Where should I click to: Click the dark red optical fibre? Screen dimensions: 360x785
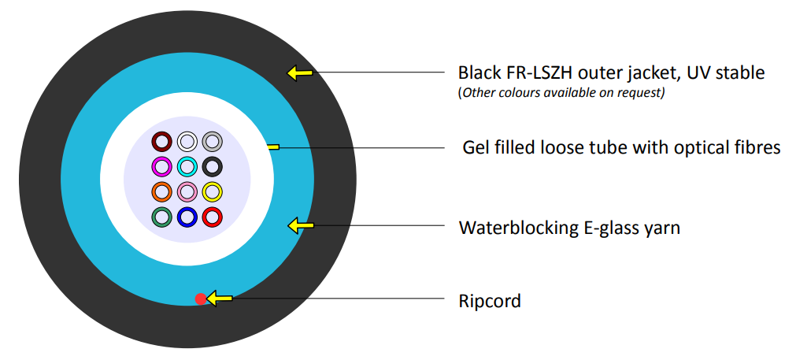tap(161, 141)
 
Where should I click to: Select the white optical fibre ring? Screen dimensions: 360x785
tap(187, 141)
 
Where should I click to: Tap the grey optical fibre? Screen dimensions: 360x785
tap(213, 141)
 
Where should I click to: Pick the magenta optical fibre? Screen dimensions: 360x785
tap(161, 166)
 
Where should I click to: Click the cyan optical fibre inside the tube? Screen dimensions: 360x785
tap(187, 166)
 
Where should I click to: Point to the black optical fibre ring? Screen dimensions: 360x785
tap(213, 166)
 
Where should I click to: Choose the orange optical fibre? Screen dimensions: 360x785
tap(161, 191)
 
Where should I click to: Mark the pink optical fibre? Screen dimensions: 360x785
tap(187, 191)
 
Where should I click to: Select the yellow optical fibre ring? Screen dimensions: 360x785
tap(213, 191)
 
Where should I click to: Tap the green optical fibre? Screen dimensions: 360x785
tap(161, 217)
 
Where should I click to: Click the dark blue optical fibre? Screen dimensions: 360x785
tap(187, 217)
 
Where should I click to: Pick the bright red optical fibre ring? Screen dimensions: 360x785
tap(213, 217)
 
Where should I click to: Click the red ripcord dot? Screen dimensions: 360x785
tap(201, 299)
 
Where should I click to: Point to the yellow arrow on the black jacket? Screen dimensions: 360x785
tap(299, 74)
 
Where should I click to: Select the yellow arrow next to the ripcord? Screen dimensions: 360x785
tap(220, 299)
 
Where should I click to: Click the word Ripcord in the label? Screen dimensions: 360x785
tap(489, 302)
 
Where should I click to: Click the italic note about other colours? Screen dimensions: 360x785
tap(561, 93)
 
